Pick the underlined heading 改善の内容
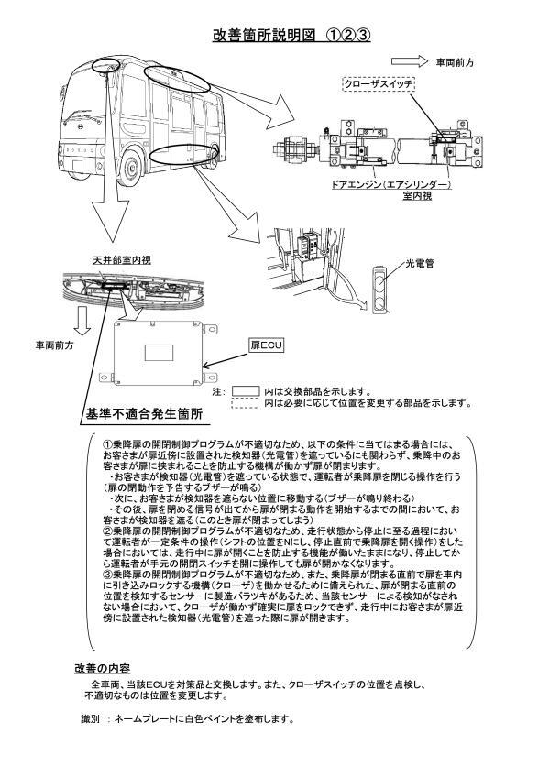[102, 669]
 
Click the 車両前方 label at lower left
[56, 345]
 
